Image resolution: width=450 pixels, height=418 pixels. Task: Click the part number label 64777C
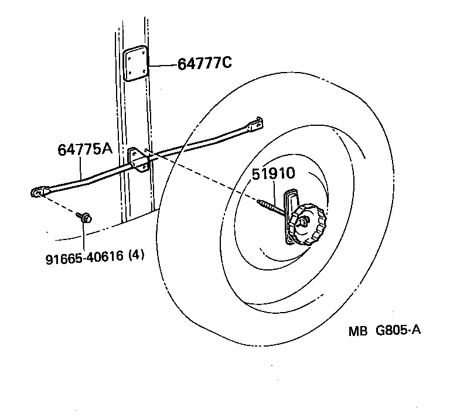(x=204, y=63)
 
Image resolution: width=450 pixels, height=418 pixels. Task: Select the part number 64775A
(x=84, y=149)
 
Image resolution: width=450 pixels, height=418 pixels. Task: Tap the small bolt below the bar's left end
(x=84, y=218)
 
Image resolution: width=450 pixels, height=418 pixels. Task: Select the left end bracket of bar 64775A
(x=39, y=192)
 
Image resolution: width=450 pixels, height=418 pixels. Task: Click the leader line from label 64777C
(x=163, y=63)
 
